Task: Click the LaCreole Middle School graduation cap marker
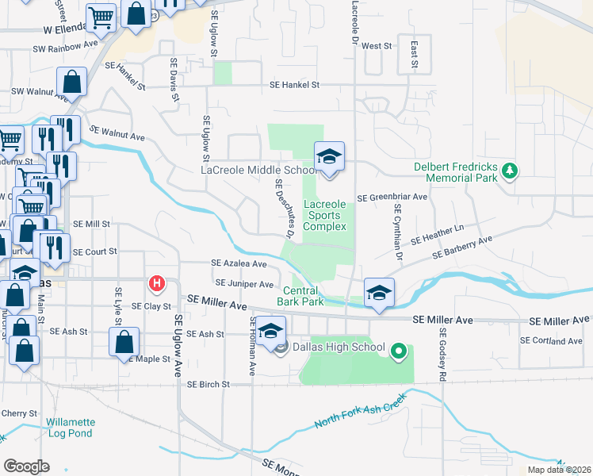329,156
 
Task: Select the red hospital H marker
158,283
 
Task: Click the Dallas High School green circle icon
400,349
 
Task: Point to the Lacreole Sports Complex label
326,215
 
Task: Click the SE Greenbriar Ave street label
392,198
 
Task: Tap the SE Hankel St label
294,84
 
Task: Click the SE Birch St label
209,384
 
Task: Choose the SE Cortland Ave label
551,341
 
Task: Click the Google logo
26,466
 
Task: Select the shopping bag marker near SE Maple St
124,342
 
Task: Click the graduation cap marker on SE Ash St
270,332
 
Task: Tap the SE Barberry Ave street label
461,247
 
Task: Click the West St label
377,47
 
